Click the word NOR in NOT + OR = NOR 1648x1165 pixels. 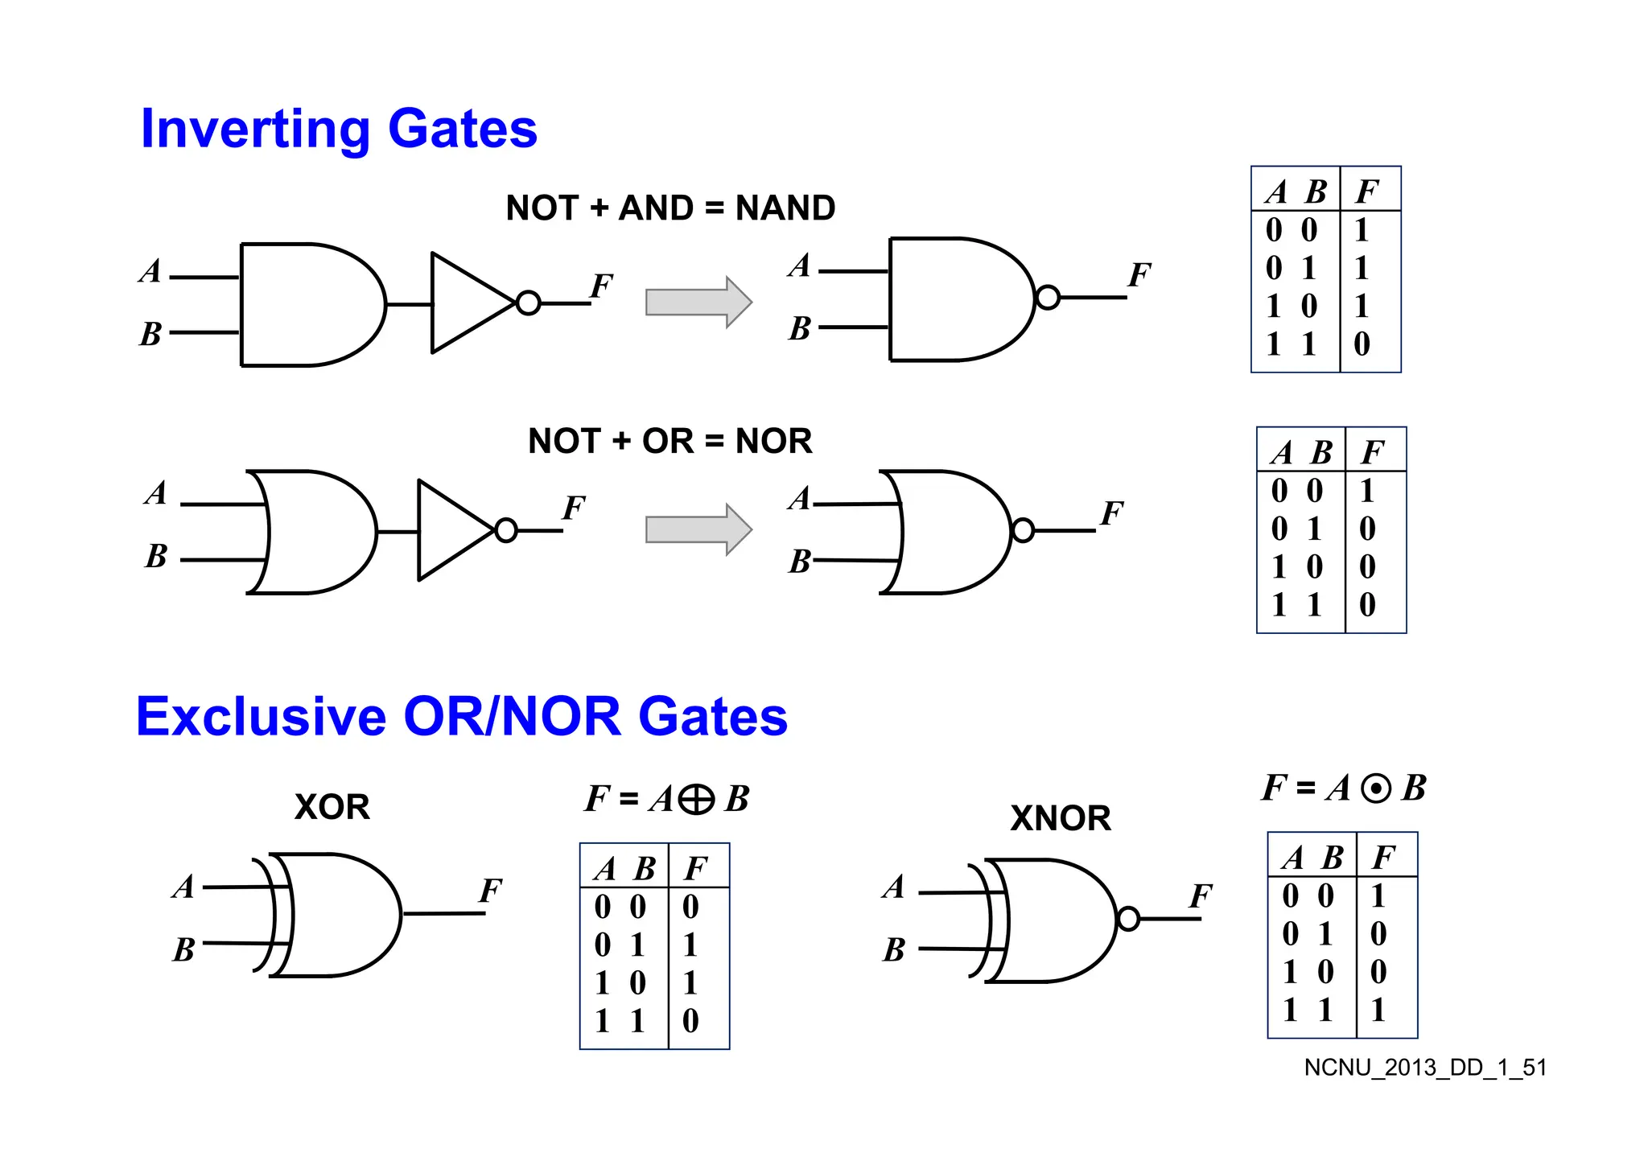click(x=773, y=441)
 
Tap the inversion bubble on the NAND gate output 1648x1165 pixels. click(x=1048, y=298)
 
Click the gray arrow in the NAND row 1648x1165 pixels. click(x=698, y=303)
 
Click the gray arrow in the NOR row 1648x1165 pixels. click(x=698, y=530)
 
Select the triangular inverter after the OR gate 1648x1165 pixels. click(x=452, y=530)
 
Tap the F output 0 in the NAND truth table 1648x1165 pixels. click(x=1362, y=344)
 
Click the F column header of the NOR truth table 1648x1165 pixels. click(x=1372, y=453)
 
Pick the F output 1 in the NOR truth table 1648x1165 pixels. click(x=1366, y=491)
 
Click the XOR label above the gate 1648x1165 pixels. click(x=332, y=807)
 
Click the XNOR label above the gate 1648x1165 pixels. click(x=1060, y=818)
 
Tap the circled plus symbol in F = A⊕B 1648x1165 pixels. click(x=696, y=800)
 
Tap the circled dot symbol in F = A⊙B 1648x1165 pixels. click(x=1375, y=788)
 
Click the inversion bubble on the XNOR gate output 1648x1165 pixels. click(x=1128, y=919)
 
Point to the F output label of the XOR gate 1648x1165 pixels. click(x=489, y=891)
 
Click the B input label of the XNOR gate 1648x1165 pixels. click(x=893, y=950)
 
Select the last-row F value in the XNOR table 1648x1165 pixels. click(x=1378, y=1011)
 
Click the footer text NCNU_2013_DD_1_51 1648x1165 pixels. click(x=1425, y=1068)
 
